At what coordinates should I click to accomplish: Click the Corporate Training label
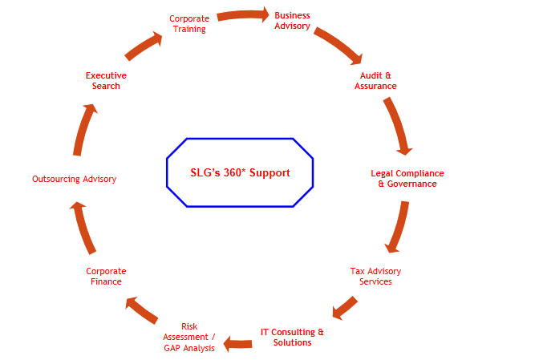[x=188, y=23]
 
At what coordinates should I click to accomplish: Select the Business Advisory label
[x=292, y=20]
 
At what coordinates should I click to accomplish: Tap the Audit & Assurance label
[x=375, y=80]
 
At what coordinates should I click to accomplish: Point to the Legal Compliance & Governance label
[x=407, y=178]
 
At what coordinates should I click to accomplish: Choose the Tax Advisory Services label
[x=375, y=276]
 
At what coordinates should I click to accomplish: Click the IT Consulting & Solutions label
[x=292, y=337]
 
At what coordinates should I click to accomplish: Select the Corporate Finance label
[x=106, y=276]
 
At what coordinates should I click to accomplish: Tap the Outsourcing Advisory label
[x=75, y=179]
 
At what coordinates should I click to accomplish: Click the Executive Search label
[x=106, y=80]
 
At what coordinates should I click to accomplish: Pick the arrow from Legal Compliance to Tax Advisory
[x=397, y=227]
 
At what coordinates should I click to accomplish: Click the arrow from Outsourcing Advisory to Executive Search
[x=85, y=128]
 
